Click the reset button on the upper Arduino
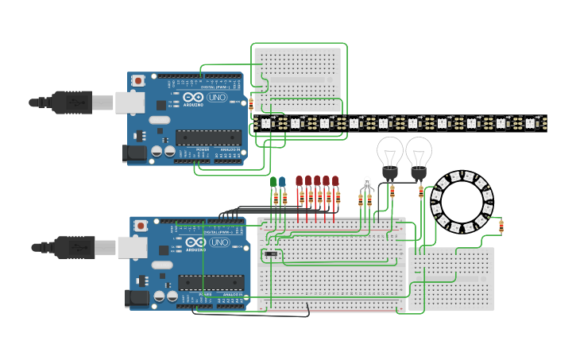(x=138, y=80)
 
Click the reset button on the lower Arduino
(x=141, y=225)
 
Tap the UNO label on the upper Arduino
(x=217, y=98)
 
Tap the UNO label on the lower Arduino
(x=219, y=242)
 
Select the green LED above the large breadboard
(x=273, y=182)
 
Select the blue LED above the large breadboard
(x=282, y=182)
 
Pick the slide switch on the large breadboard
(x=271, y=254)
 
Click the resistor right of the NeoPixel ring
(x=501, y=226)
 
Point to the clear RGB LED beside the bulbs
(x=366, y=184)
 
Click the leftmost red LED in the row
(x=299, y=181)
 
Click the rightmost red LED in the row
(x=335, y=181)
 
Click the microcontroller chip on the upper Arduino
(x=208, y=138)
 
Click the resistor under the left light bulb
(x=392, y=192)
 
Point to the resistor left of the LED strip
(x=251, y=103)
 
